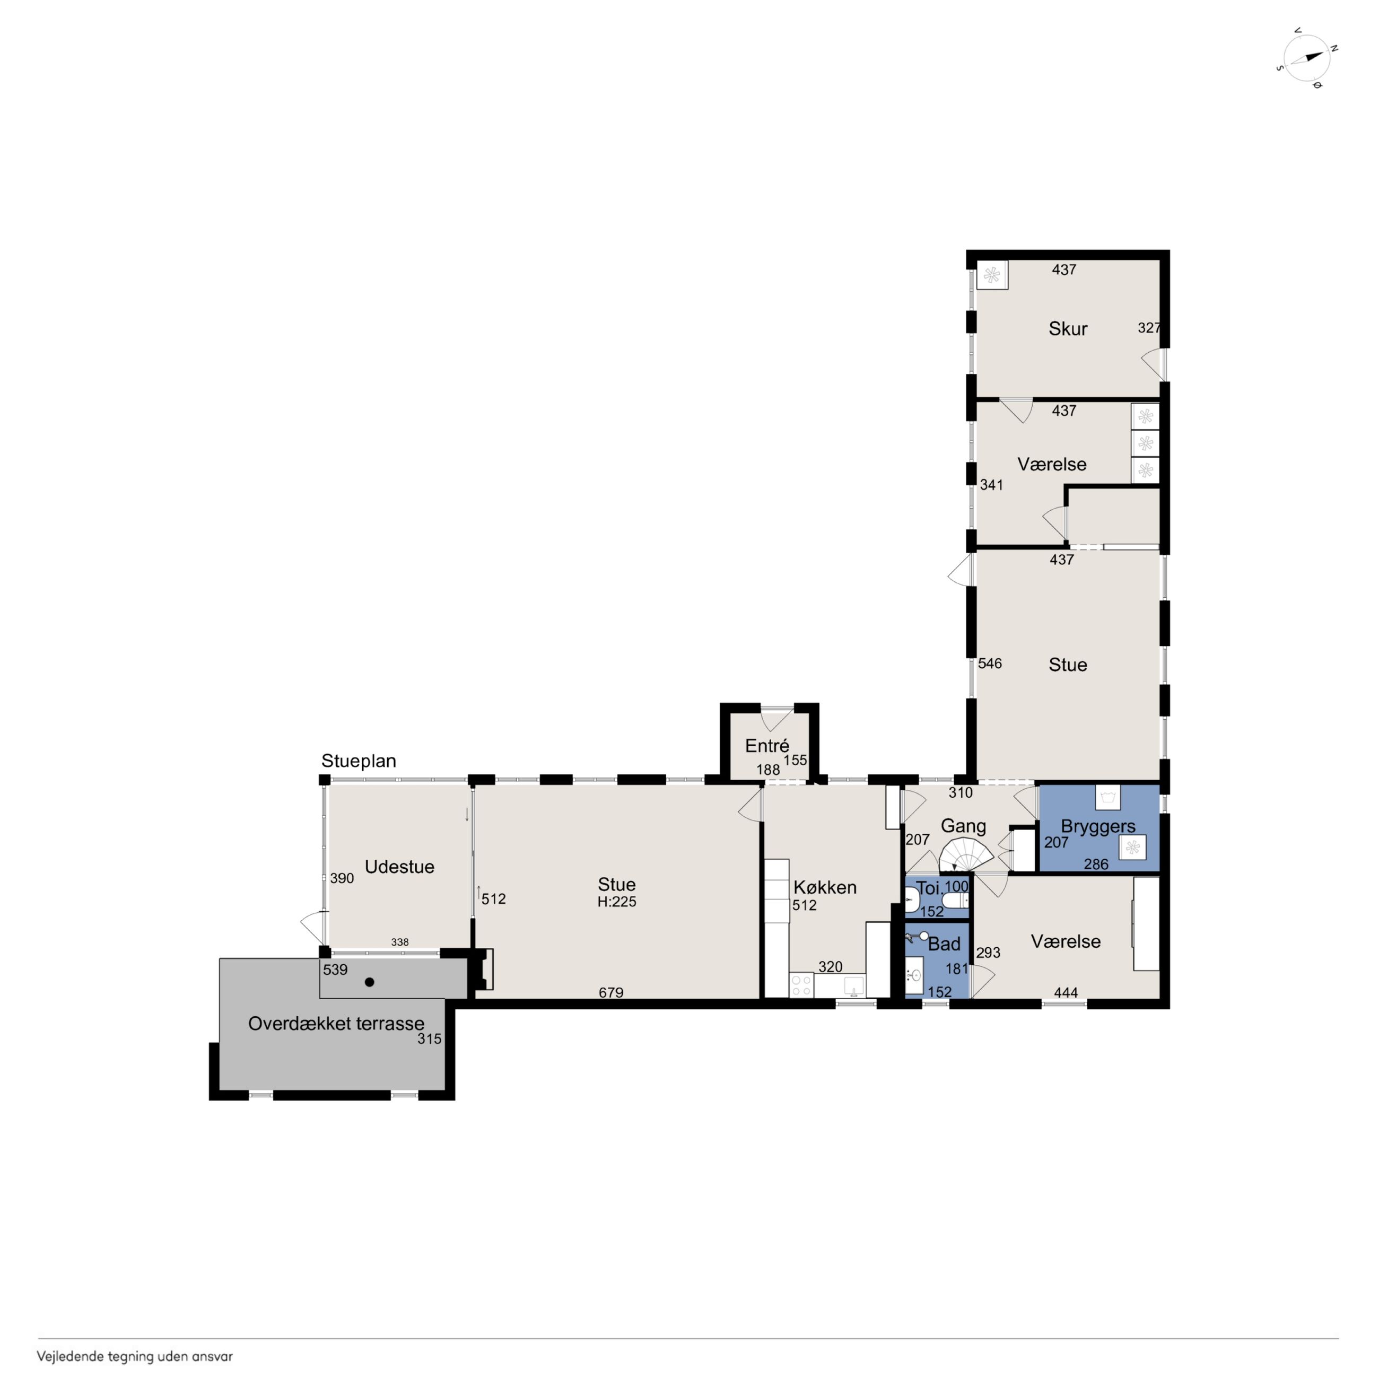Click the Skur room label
1068,329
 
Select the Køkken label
825,887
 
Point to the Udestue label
400,867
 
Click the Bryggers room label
1098,826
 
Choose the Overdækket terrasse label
336,1024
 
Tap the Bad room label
944,944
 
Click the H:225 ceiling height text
617,902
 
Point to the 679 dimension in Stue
611,992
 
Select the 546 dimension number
990,663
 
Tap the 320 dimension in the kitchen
830,966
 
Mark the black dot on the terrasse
370,982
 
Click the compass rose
1307,58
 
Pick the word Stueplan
359,761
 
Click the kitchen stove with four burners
801,985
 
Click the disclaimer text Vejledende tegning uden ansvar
135,1357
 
